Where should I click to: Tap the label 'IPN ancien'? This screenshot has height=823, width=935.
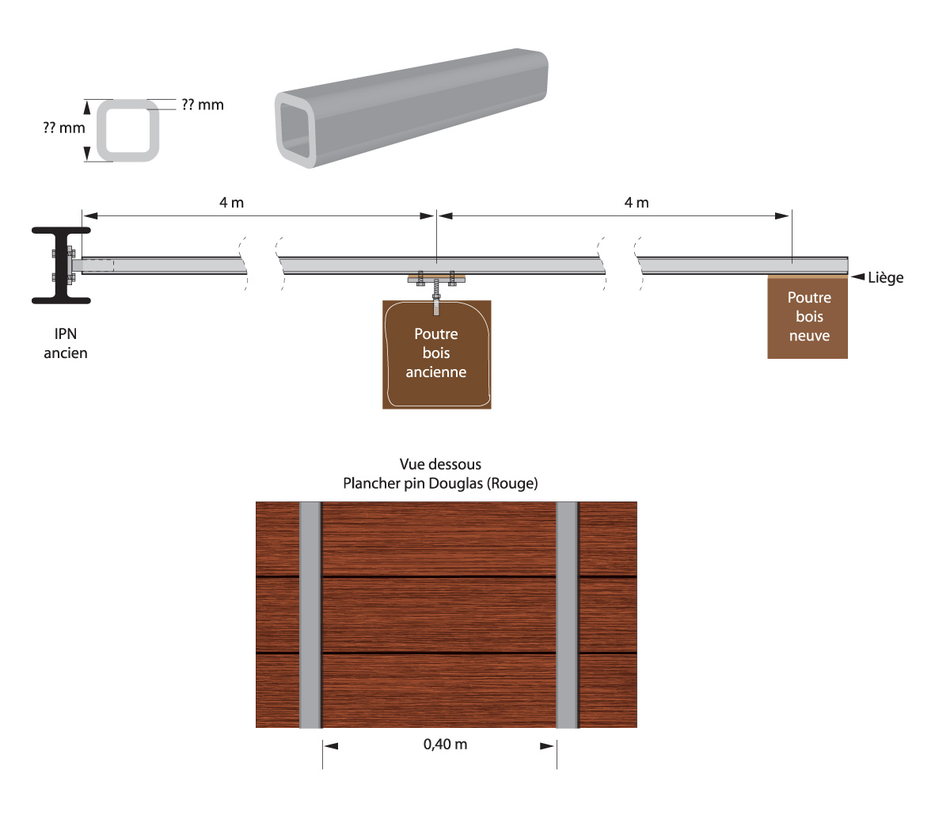click(x=66, y=343)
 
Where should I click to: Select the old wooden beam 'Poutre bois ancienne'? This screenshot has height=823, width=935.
click(x=436, y=355)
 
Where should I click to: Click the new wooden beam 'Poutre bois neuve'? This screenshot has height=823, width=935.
click(x=808, y=317)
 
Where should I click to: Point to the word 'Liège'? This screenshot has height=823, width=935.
click(x=885, y=277)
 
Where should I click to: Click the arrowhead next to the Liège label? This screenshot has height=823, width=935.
click(x=857, y=276)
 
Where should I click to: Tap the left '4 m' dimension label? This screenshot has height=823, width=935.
click(x=231, y=202)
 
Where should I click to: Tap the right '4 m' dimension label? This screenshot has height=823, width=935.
click(x=637, y=202)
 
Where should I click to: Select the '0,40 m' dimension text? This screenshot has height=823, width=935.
click(x=446, y=745)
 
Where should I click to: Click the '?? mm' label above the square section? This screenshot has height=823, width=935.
click(x=203, y=105)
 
